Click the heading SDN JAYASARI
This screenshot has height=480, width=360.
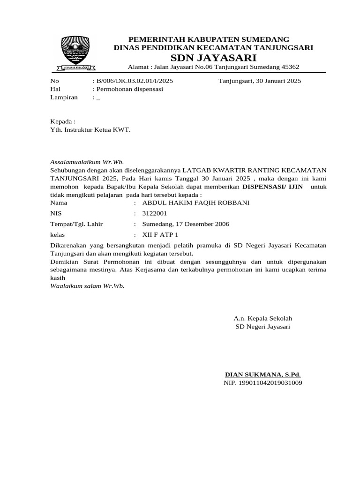213,58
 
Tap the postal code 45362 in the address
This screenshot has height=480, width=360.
289,67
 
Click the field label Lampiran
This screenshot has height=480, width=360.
63,97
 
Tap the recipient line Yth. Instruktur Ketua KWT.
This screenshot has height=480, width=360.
90,129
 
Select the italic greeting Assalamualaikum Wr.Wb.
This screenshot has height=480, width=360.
87,161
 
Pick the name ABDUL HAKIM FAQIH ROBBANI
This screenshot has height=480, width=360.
196,203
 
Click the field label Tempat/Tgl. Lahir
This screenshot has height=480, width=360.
76,224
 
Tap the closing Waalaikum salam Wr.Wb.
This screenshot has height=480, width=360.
88,285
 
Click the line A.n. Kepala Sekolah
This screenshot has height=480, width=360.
262,318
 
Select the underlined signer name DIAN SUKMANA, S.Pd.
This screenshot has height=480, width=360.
263,375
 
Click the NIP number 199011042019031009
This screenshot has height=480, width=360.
262,383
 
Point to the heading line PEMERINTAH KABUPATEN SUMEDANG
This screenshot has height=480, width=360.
209,39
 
